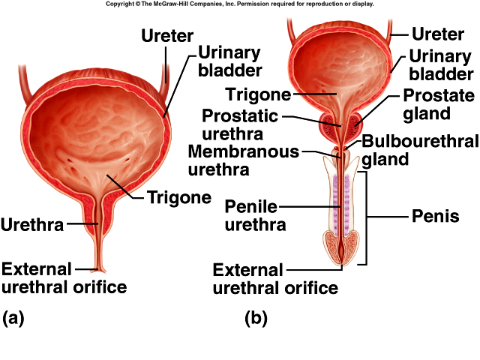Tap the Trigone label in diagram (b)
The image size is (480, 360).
257,94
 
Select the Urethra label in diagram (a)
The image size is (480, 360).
32,223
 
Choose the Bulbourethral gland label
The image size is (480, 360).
420,150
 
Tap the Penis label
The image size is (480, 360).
435,217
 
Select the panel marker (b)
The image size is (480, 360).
256,318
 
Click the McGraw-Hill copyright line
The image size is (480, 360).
239,4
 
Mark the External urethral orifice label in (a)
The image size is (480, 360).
64,277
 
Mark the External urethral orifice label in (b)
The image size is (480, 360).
275,278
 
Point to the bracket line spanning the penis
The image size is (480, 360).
366,217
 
